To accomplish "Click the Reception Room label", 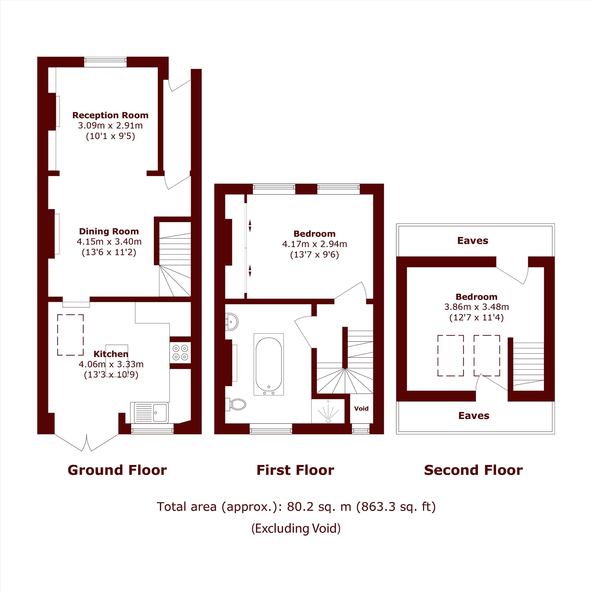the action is click(x=110, y=115).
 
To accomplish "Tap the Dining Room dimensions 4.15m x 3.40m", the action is click(x=109, y=242).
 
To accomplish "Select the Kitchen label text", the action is click(x=111, y=354).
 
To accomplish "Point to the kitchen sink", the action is click(x=149, y=412).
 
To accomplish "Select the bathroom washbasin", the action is click(x=231, y=322).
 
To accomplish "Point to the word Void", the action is click(x=361, y=408).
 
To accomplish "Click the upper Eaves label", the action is click(x=472, y=241).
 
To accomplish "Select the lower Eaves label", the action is click(x=474, y=416).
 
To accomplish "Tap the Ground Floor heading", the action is click(x=117, y=470).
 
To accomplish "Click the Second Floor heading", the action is click(x=473, y=470).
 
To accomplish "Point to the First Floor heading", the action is click(x=295, y=470).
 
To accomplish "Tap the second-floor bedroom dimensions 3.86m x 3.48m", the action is click(x=477, y=307).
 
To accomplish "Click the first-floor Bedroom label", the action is click(x=314, y=234).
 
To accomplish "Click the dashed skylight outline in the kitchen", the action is click(x=70, y=335).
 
